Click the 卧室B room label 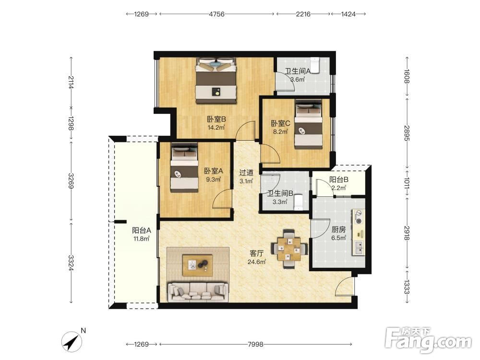coord(216,119)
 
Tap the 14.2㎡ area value coord(216,127)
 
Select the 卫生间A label coord(298,72)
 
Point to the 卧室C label coord(280,124)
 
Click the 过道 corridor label coord(246,173)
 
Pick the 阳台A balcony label coord(142,230)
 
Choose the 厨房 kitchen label coord(338,229)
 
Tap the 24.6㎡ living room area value coord(256,262)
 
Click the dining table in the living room coord(289,249)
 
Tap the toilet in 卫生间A coord(315,65)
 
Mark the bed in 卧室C coord(309,125)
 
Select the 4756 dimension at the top coord(217,14)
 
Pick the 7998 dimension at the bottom coord(255,344)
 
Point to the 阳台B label coord(338,180)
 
